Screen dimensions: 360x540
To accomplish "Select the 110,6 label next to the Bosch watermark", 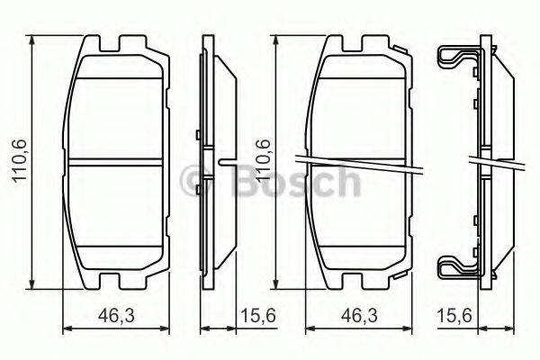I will click(263, 159).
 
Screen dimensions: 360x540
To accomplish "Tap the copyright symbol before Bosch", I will click(193, 182).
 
